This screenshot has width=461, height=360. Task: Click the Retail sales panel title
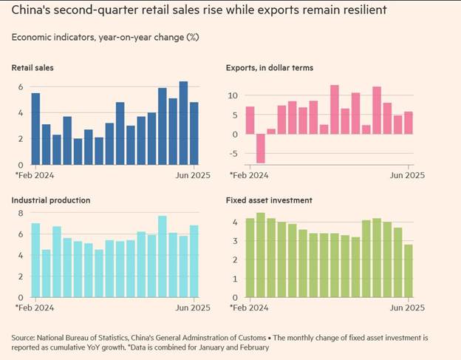33,68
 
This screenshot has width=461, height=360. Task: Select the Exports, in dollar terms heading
269,68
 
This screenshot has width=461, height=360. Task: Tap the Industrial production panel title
51,200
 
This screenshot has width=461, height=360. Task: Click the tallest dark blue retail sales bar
183,123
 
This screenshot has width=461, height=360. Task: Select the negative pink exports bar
260,149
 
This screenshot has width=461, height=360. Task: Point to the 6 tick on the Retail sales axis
20,87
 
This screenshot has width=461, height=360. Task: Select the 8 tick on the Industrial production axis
20,214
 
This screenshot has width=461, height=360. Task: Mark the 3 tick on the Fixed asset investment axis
233,241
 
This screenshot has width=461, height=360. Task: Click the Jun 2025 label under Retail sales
193,175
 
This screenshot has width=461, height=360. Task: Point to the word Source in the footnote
25,337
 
